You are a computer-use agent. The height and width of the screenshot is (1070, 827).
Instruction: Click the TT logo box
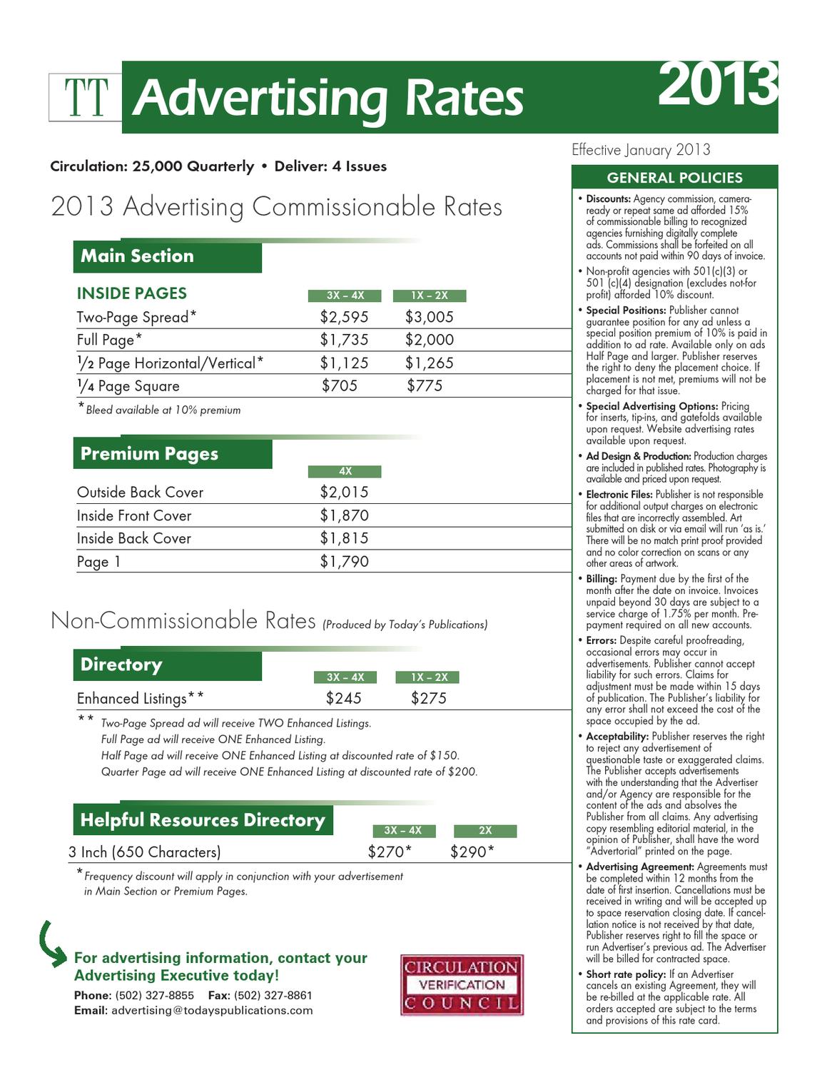86,97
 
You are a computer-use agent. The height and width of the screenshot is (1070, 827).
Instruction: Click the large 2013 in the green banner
716,85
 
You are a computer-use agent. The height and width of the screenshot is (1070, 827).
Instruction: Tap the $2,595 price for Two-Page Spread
344,317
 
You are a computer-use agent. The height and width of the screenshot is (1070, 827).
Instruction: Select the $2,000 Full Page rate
429,340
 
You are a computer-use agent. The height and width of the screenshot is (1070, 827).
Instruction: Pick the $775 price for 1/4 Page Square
425,386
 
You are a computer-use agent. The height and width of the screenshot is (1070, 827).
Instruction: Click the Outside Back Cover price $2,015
344,492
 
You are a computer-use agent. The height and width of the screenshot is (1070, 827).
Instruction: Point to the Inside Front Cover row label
134,515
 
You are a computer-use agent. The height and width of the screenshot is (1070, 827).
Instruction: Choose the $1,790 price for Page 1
344,562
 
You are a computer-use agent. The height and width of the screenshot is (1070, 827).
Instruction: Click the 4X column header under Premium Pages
345,471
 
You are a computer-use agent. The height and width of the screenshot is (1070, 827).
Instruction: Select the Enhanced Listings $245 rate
344,698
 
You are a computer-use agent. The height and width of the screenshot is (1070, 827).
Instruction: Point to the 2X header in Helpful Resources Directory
485,831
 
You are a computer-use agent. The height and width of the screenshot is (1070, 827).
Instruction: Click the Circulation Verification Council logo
462,985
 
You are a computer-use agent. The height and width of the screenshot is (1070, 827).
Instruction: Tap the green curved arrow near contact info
51,944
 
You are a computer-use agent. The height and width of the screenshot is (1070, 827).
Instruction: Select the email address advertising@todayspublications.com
212,1010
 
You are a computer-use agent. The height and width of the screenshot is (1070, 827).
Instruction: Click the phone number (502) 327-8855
155,995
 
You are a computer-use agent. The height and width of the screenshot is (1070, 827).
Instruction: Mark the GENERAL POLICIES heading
674,178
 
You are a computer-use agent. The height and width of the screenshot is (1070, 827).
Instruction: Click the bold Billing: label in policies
602,579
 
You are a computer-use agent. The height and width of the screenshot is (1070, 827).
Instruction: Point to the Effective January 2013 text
641,150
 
